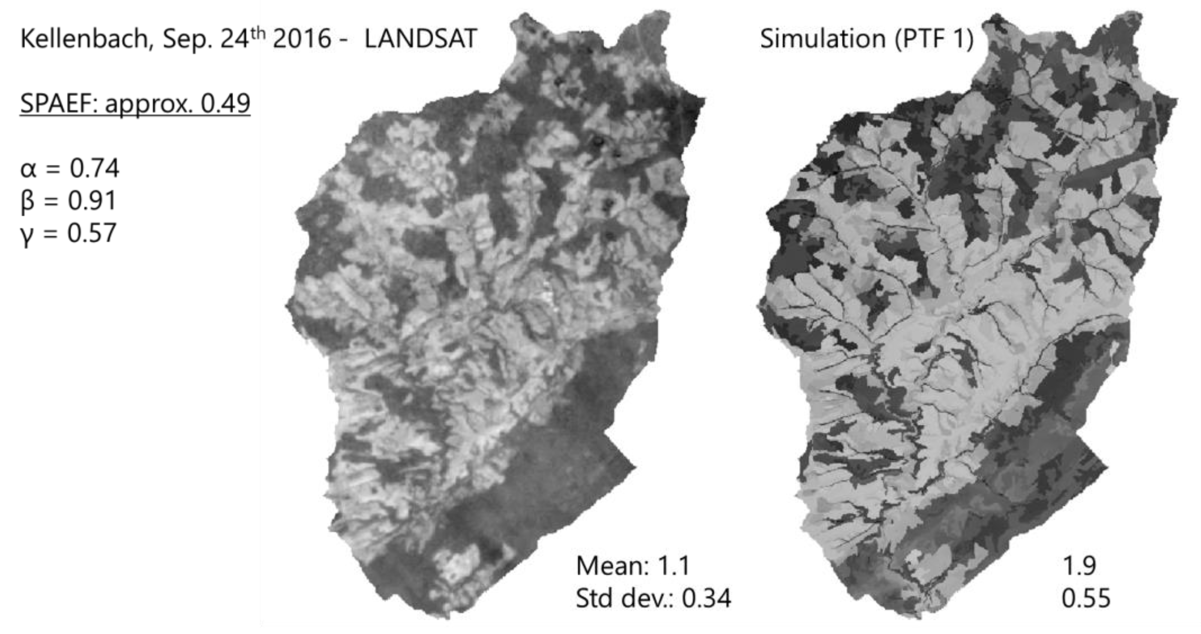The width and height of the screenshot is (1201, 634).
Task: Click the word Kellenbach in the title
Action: click(84, 38)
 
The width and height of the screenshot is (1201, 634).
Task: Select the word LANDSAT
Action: click(421, 38)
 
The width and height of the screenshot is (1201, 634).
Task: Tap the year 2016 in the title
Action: click(302, 38)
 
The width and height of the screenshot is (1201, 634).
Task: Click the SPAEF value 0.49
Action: click(225, 103)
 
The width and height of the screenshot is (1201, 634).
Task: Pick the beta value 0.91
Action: click(92, 201)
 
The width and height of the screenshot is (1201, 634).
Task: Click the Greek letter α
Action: click(28, 169)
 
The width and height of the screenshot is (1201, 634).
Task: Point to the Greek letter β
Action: click(27, 201)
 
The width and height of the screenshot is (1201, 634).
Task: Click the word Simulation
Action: click(822, 38)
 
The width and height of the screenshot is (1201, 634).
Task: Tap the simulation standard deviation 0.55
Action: click(1086, 598)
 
